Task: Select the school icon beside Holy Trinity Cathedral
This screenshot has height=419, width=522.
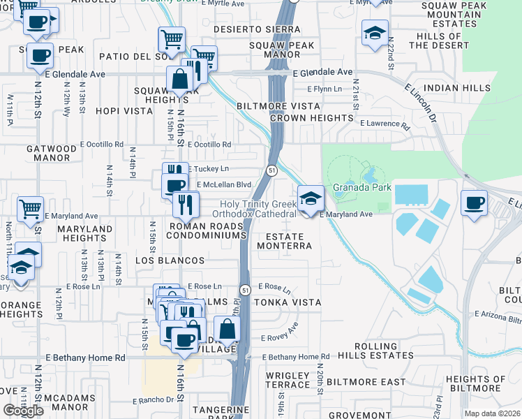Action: coord(310,200)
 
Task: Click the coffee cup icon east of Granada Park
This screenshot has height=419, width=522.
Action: coord(474,203)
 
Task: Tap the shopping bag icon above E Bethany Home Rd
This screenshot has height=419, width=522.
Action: coord(228,329)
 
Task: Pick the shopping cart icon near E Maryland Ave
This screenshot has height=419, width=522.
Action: coord(30,209)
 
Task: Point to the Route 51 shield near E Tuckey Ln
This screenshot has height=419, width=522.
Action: coord(272,170)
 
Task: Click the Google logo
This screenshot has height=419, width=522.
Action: coord(23,410)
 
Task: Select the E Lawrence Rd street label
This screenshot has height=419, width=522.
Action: coord(385,124)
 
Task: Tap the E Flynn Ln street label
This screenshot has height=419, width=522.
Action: coord(327,89)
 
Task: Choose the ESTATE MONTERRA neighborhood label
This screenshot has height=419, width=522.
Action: coord(284,241)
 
